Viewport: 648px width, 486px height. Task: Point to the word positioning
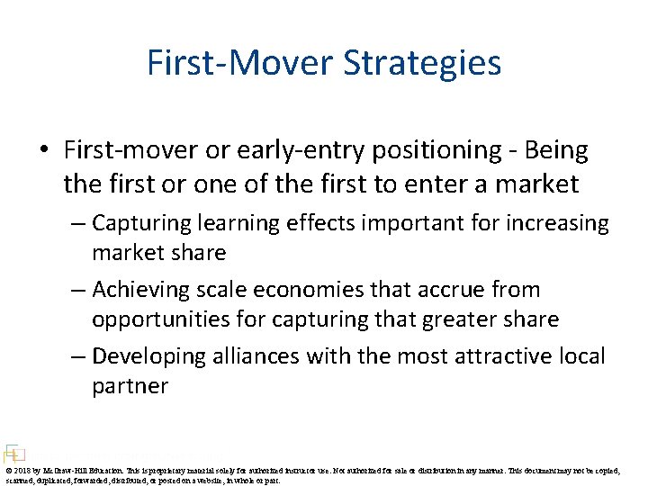[418, 151]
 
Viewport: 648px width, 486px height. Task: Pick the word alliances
[256, 356]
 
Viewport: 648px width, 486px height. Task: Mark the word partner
[130, 386]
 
